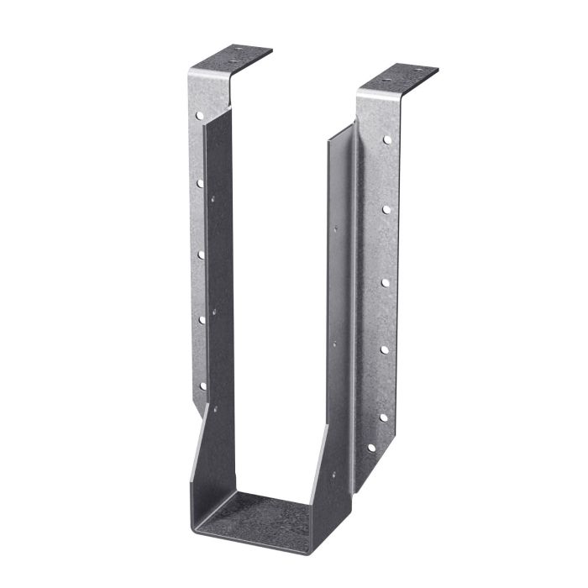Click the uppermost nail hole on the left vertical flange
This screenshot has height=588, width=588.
coord(200,113)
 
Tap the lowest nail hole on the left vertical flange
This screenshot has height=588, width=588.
coord(202,386)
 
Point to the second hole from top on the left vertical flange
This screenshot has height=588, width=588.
coord(201,181)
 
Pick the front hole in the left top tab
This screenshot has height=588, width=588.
coord(233,62)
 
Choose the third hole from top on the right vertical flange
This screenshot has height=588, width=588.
coord(385,282)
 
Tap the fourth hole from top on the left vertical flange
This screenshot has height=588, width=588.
coord(202,318)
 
